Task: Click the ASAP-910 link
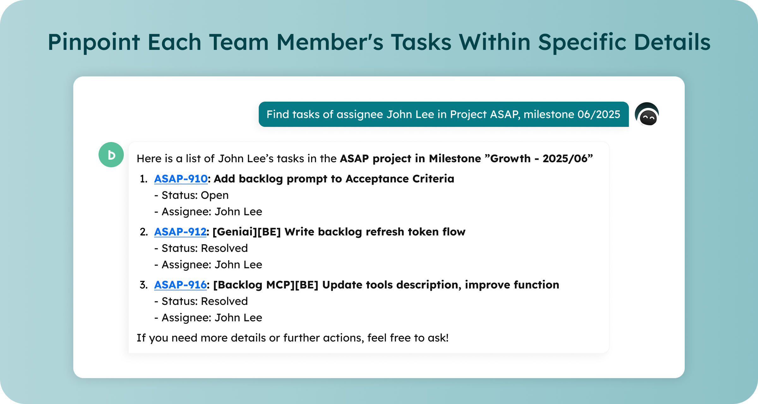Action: pyautogui.click(x=181, y=179)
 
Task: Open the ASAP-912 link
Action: pyautogui.click(x=180, y=232)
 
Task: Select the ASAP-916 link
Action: pyautogui.click(x=180, y=285)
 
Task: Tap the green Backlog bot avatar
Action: pyautogui.click(x=111, y=155)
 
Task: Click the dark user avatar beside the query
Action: pyautogui.click(x=647, y=114)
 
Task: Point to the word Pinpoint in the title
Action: pyautogui.click(x=94, y=42)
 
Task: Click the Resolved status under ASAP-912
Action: pyautogui.click(x=224, y=248)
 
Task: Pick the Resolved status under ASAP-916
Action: pyautogui.click(x=224, y=301)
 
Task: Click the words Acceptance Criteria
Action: pyautogui.click(x=400, y=179)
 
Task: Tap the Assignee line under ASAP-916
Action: pyautogui.click(x=208, y=318)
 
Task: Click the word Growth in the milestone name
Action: pyautogui.click(x=510, y=158)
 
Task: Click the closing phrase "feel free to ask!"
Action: pyautogui.click(x=408, y=338)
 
